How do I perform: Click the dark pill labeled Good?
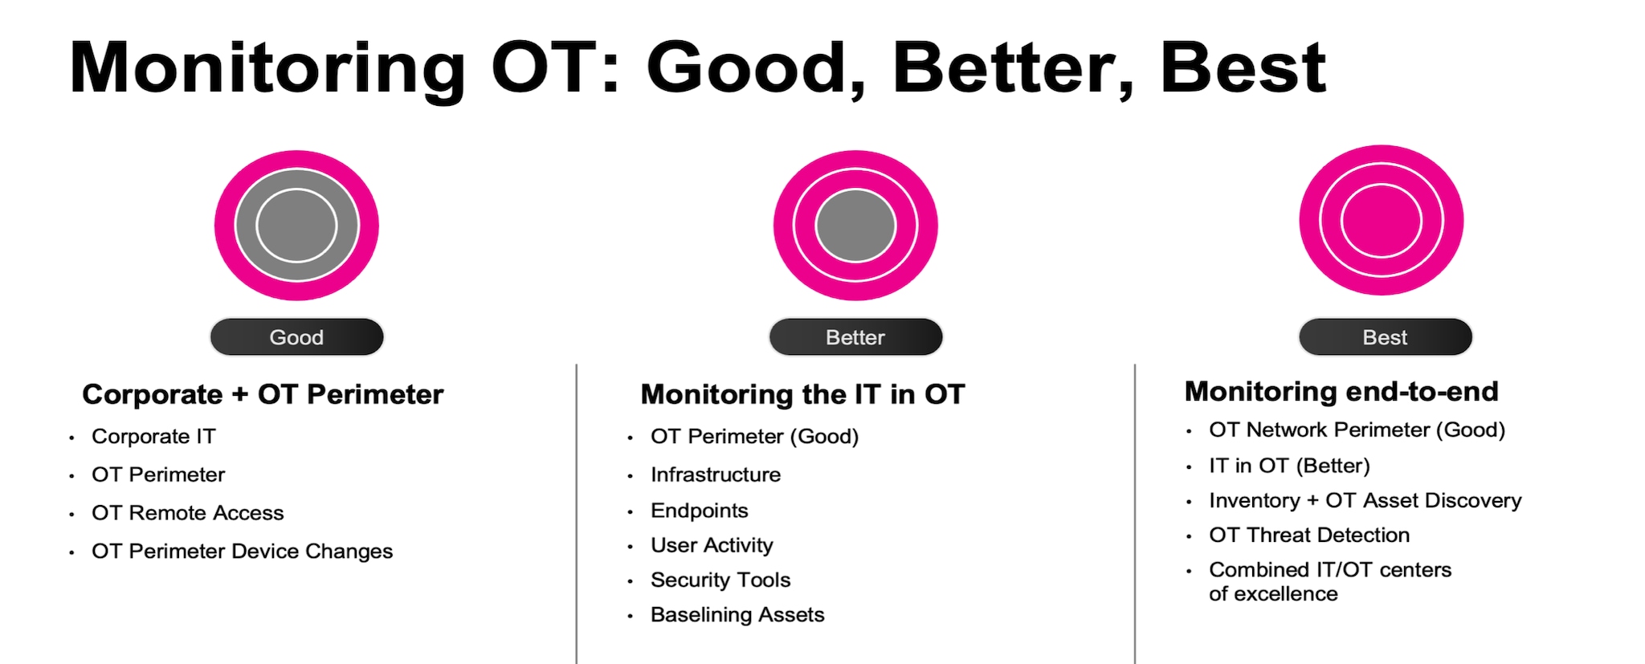pos(296,336)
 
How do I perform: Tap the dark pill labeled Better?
pos(855,336)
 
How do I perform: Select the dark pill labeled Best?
pos(1386,336)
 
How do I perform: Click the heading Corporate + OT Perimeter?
pos(263,394)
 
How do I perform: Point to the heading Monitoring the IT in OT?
pos(802,394)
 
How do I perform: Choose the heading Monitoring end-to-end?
pos(1341,391)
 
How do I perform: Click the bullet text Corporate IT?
pos(153,436)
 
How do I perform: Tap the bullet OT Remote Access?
pos(188,512)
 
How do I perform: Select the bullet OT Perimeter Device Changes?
pos(242,551)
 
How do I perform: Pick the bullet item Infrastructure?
pos(716,475)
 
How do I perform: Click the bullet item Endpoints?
pos(700,511)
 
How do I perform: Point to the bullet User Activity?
pos(712,545)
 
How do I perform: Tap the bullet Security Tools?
pos(720,580)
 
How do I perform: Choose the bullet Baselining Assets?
pos(737,614)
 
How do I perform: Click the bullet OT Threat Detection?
pos(1309,535)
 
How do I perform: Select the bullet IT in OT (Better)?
pos(1289,466)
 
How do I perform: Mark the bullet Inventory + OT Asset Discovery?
pos(1365,500)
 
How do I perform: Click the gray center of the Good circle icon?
pos(296,226)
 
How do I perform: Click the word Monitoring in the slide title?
pos(267,69)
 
